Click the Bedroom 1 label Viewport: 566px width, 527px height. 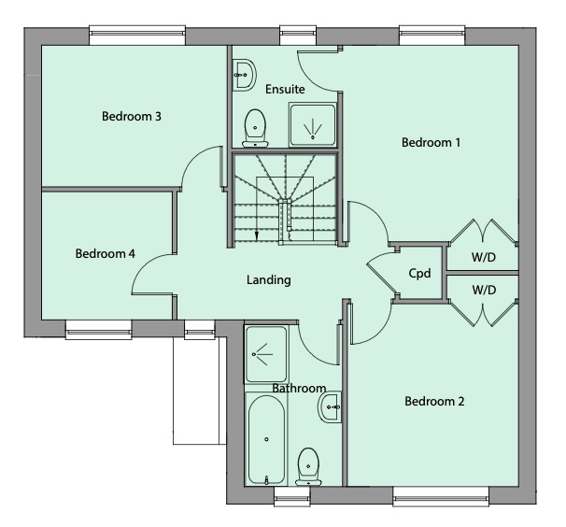tap(432, 143)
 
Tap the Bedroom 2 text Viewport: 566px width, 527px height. tap(434, 402)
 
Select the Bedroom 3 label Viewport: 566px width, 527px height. tap(132, 117)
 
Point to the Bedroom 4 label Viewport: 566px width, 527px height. tap(106, 253)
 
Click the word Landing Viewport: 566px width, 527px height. tap(269, 279)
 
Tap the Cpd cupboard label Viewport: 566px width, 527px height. tap(419, 274)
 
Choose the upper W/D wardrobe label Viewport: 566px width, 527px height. tap(483, 256)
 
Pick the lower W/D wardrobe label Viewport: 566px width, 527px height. tap(483, 290)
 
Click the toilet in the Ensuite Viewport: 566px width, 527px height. tap(253, 128)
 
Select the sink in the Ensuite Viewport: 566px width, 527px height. tap(244, 73)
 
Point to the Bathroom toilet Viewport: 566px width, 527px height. tap(307, 466)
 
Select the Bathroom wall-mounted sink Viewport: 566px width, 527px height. tap(331, 406)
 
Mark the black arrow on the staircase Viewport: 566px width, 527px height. tap(256, 235)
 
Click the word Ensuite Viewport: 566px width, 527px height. tap(285, 90)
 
